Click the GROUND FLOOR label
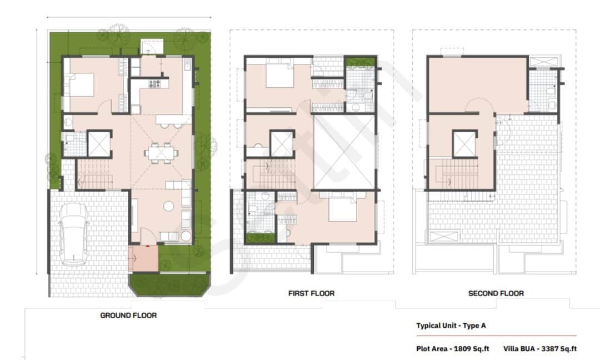point(128,315)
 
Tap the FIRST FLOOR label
point(311,293)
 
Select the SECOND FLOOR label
point(496,293)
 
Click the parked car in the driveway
point(74,233)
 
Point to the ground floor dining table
point(161,152)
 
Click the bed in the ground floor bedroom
point(81,86)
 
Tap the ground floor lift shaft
point(99,144)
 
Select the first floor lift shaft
point(282,144)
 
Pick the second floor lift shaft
point(464,144)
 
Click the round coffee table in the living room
point(168,206)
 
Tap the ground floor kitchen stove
point(154,84)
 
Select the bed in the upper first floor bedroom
point(279,77)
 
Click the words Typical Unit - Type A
point(451,326)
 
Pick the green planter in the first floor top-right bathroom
point(361,62)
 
